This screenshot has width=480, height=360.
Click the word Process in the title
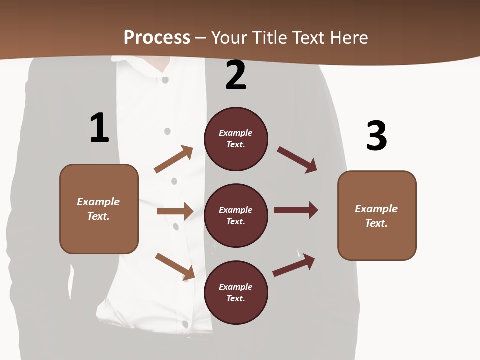(x=157, y=37)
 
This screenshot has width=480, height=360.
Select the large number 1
(x=99, y=128)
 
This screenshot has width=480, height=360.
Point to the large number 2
(x=236, y=75)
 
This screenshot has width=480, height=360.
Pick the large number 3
(x=376, y=136)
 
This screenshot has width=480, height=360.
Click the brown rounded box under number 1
(x=99, y=209)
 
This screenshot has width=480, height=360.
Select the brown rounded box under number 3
(x=377, y=216)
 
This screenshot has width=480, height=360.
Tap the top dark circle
(x=236, y=139)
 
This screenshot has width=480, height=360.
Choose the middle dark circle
(x=236, y=216)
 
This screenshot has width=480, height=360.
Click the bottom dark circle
(x=236, y=293)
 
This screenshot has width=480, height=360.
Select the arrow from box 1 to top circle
(x=174, y=159)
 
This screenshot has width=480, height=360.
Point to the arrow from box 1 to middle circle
(x=175, y=211)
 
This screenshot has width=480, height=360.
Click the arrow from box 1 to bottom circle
(x=175, y=266)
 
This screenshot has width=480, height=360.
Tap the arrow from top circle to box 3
(x=297, y=160)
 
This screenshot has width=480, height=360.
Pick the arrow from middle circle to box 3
(x=296, y=210)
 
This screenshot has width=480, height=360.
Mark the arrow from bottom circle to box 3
(x=294, y=265)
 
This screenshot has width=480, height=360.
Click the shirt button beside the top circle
(x=167, y=131)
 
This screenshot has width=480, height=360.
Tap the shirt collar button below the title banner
(x=165, y=80)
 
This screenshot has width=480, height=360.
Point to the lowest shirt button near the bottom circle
(x=185, y=324)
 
